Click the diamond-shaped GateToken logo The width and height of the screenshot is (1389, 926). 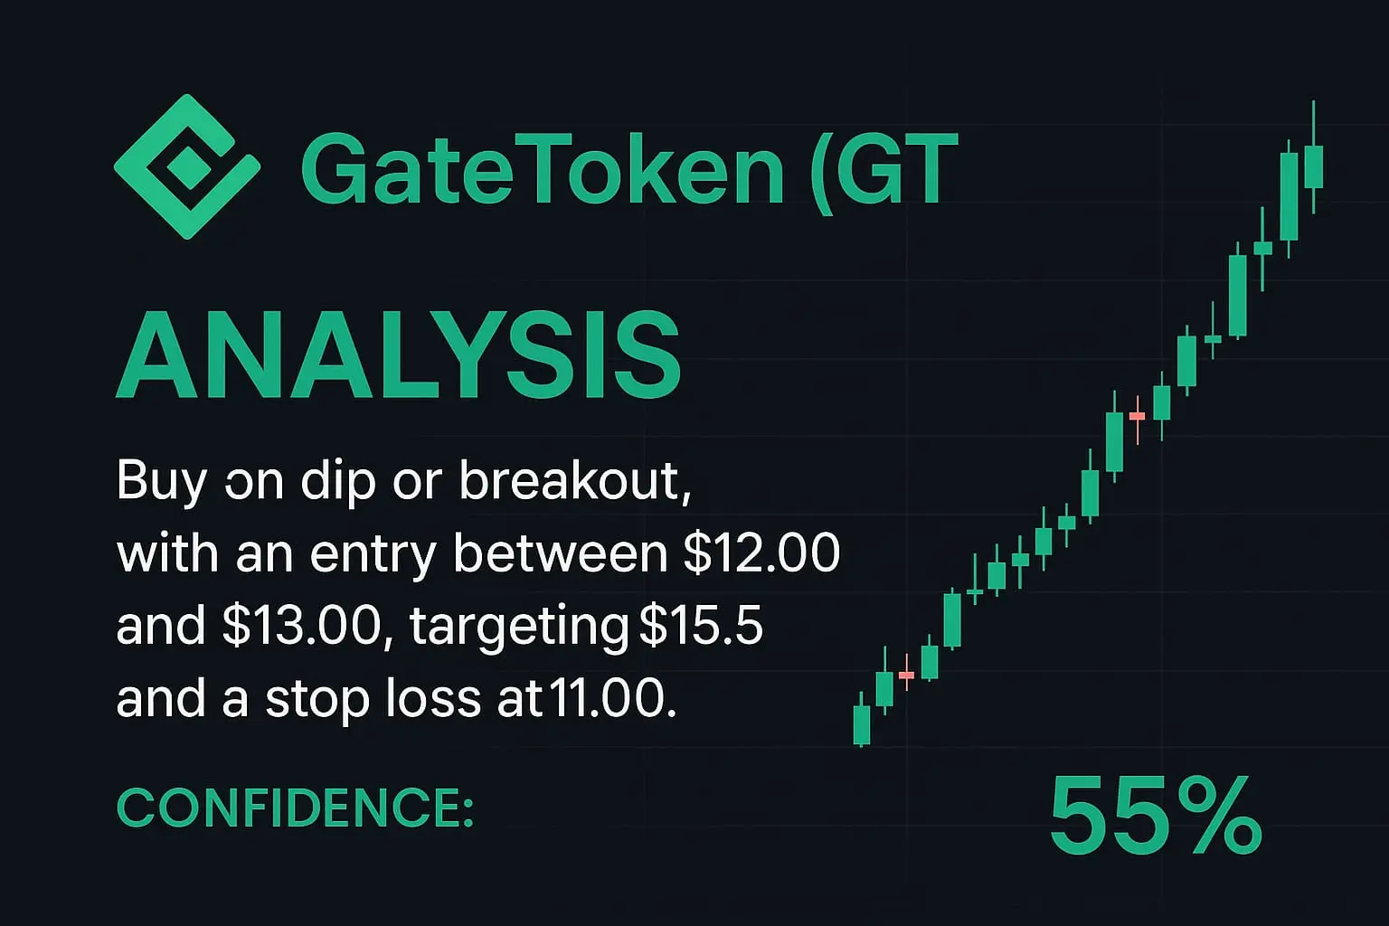pyautogui.click(x=186, y=166)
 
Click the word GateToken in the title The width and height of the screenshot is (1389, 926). pyautogui.click(x=543, y=169)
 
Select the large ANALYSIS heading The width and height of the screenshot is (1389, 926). pyautogui.click(x=399, y=354)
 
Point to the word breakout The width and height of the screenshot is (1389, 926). pyautogui.click(x=574, y=481)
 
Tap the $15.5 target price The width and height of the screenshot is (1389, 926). pyautogui.click(x=701, y=625)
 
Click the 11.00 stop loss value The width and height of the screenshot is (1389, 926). pyautogui.click(x=610, y=698)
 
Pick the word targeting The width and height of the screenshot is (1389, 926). pyautogui.click(x=520, y=628)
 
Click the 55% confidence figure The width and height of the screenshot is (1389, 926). pyautogui.click(x=1155, y=816)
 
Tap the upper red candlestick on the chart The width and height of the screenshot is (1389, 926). pyautogui.click(x=1138, y=416)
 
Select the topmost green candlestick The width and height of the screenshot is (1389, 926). pyautogui.click(x=1313, y=165)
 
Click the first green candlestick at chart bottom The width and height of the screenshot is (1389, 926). pyautogui.click(x=862, y=723)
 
